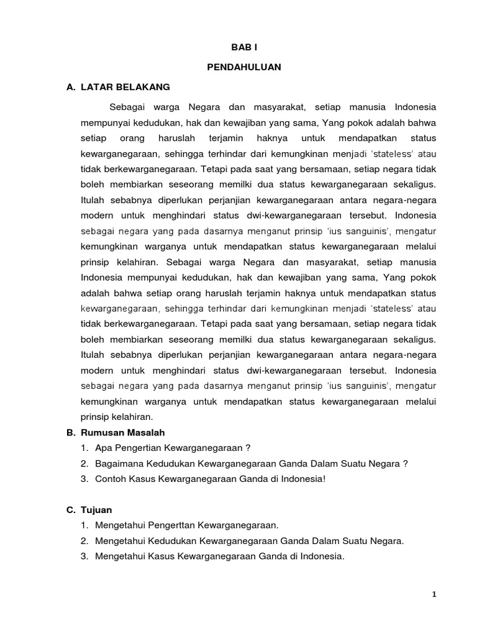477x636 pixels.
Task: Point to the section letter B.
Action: tap(70, 432)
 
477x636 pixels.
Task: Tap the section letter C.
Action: tap(70, 510)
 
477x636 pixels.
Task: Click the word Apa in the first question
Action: tap(103, 448)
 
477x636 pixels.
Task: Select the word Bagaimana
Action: tap(119, 463)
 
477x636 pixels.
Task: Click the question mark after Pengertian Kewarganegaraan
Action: tap(247, 448)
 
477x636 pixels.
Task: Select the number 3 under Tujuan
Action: tap(83, 556)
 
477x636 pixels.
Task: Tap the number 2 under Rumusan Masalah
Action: tap(83, 463)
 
